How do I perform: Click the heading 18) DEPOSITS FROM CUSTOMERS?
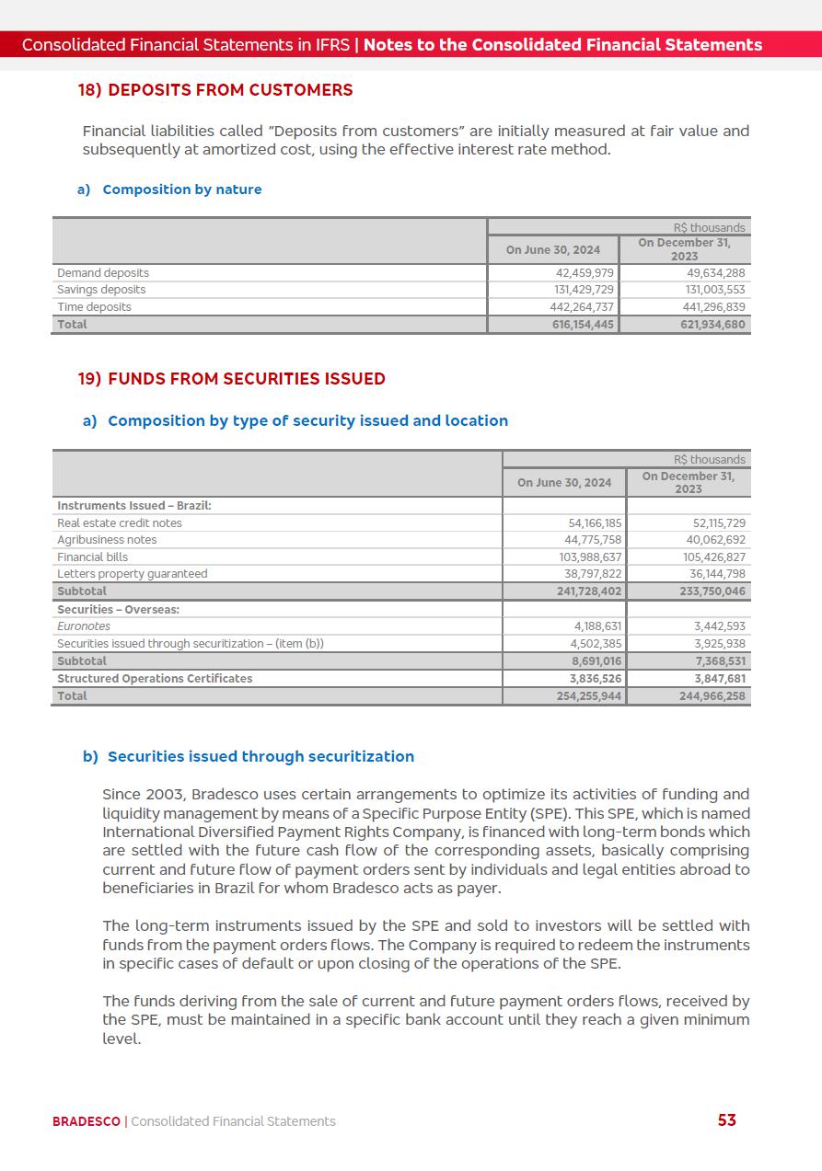click(215, 90)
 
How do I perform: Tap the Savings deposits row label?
click(101, 290)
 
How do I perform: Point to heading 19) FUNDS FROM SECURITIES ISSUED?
click(231, 379)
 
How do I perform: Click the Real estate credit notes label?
click(120, 523)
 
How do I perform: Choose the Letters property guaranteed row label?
click(133, 574)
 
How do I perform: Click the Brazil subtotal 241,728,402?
click(589, 591)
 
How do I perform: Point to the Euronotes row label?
click(84, 626)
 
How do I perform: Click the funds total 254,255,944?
click(589, 696)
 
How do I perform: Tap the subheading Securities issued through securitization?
click(260, 757)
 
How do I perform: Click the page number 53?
click(726, 1120)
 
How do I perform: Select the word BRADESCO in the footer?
click(87, 1121)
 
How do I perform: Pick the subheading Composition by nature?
click(182, 189)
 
